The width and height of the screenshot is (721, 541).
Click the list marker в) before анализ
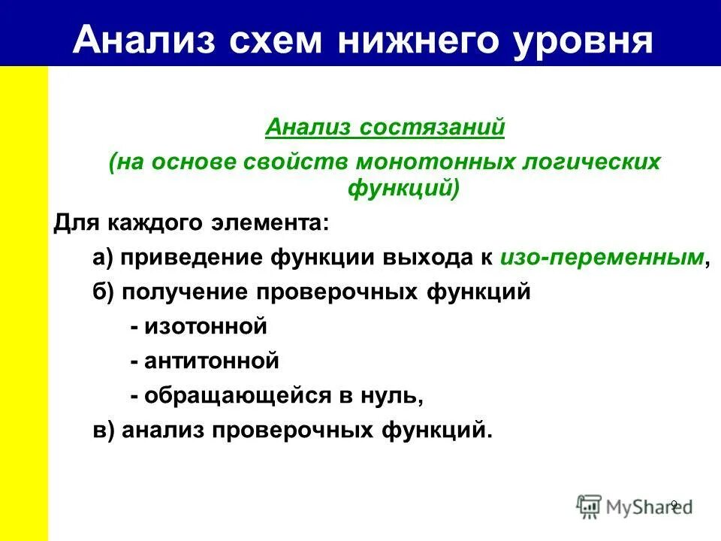104,431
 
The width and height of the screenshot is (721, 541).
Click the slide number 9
673,504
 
